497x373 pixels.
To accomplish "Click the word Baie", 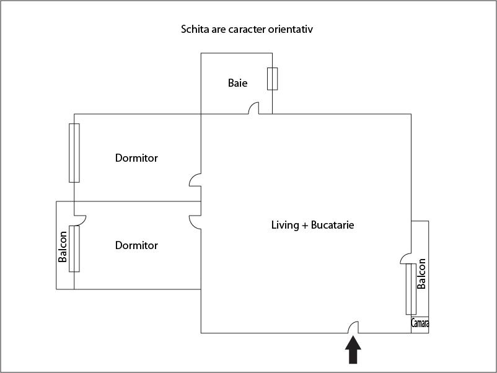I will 237,83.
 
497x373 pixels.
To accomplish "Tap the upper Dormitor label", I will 136,158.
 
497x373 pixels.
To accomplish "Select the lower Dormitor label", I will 136,245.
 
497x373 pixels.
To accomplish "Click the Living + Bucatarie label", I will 312,225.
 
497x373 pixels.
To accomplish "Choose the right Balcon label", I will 421,274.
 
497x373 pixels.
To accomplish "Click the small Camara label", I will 420,323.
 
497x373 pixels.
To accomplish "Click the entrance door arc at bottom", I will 353,327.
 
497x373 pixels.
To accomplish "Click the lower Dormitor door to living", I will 195,221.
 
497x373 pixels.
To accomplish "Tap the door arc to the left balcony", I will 80,219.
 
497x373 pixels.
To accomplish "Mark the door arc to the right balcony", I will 406,257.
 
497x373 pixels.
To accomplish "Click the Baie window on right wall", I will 272,79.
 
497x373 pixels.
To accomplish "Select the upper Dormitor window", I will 74,152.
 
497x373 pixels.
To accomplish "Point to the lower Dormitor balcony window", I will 74,248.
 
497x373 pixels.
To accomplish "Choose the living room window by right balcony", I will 411,289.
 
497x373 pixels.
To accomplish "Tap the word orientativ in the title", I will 297,29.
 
